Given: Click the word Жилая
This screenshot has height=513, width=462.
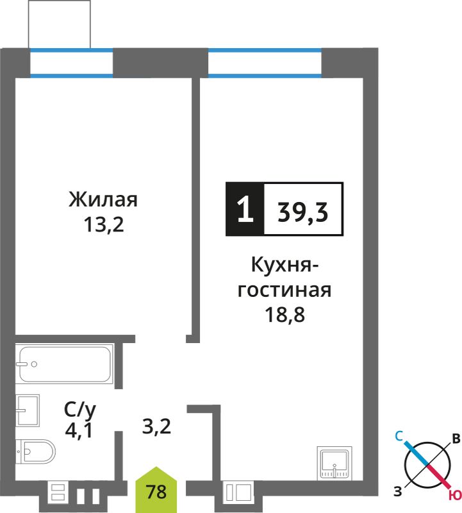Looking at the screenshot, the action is click(103, 199).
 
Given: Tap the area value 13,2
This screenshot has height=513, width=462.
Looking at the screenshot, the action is click(104, 225).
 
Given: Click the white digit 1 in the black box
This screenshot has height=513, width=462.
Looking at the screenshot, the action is click(245, 210).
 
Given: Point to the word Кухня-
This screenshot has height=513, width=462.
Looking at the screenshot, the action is click(285, 265).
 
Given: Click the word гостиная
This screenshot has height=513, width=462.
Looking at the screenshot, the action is click(285, 290).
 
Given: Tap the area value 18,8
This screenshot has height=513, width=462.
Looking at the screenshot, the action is click(285, 315).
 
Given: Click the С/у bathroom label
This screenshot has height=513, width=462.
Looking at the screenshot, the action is click(80, 410).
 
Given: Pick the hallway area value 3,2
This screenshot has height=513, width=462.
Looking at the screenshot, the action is click(156, 426).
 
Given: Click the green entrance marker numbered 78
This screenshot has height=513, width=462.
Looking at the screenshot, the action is click(156, 490).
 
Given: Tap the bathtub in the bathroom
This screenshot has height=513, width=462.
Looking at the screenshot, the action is click(65, 364).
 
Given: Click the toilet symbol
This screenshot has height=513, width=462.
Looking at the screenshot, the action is click(36, 452).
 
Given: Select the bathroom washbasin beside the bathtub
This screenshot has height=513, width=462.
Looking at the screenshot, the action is click(28, 410).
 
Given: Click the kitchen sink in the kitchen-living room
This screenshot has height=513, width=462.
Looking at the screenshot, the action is click(334, 464).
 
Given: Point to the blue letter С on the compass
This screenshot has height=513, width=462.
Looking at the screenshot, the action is click(399, 436).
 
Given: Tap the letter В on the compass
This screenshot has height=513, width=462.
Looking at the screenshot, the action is click(456, 439).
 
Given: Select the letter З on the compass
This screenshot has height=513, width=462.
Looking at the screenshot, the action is click(397, 491).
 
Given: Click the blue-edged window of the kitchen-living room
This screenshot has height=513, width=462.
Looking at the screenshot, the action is click(265, 63).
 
